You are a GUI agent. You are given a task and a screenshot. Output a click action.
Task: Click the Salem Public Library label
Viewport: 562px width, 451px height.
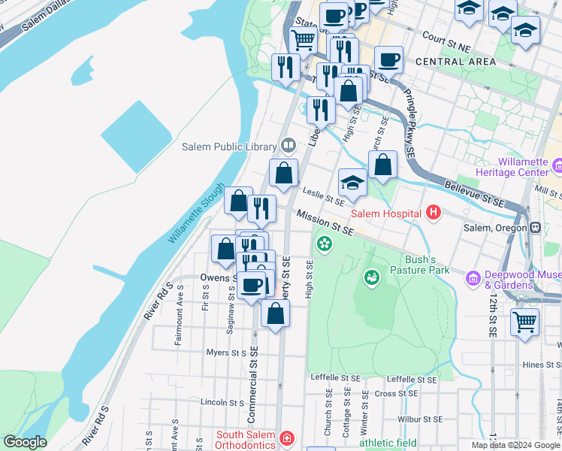click(x=229, y=147)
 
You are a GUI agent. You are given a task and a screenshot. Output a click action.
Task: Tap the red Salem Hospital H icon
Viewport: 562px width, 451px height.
click(x=432, y=213)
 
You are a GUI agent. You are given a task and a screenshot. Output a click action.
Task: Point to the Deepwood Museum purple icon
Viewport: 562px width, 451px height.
click(x=473, y=279)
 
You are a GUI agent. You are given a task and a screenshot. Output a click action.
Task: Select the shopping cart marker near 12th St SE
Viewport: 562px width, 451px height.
click(x=524, y=322)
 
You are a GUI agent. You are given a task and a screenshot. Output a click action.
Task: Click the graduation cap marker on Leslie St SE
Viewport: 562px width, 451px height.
click(x=352, y=182)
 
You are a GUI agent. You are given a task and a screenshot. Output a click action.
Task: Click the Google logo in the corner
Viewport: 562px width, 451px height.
click(x=25, y=443)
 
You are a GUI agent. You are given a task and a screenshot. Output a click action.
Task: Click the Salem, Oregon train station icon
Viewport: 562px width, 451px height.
click(x=535, y=228)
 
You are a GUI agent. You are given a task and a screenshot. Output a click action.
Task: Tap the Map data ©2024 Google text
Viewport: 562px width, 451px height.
click(x=514, y=445)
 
